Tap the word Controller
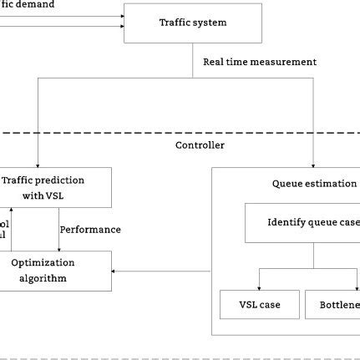pyautogui.click(x=200, y=145)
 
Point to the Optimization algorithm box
pyautogui.click(x=55, y=271)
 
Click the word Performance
pyautogui.click(x=89, y=229)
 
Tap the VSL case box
pyautogui.click(x=250, y=305)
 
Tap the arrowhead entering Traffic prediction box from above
pyautogui.click(x=39, y=163)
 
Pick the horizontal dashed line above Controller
pyautogui.click(x=180, y=131)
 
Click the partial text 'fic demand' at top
pyautogui.click(x=28, y=5)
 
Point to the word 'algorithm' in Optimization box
pyautogui.click(x=43, y=278)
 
